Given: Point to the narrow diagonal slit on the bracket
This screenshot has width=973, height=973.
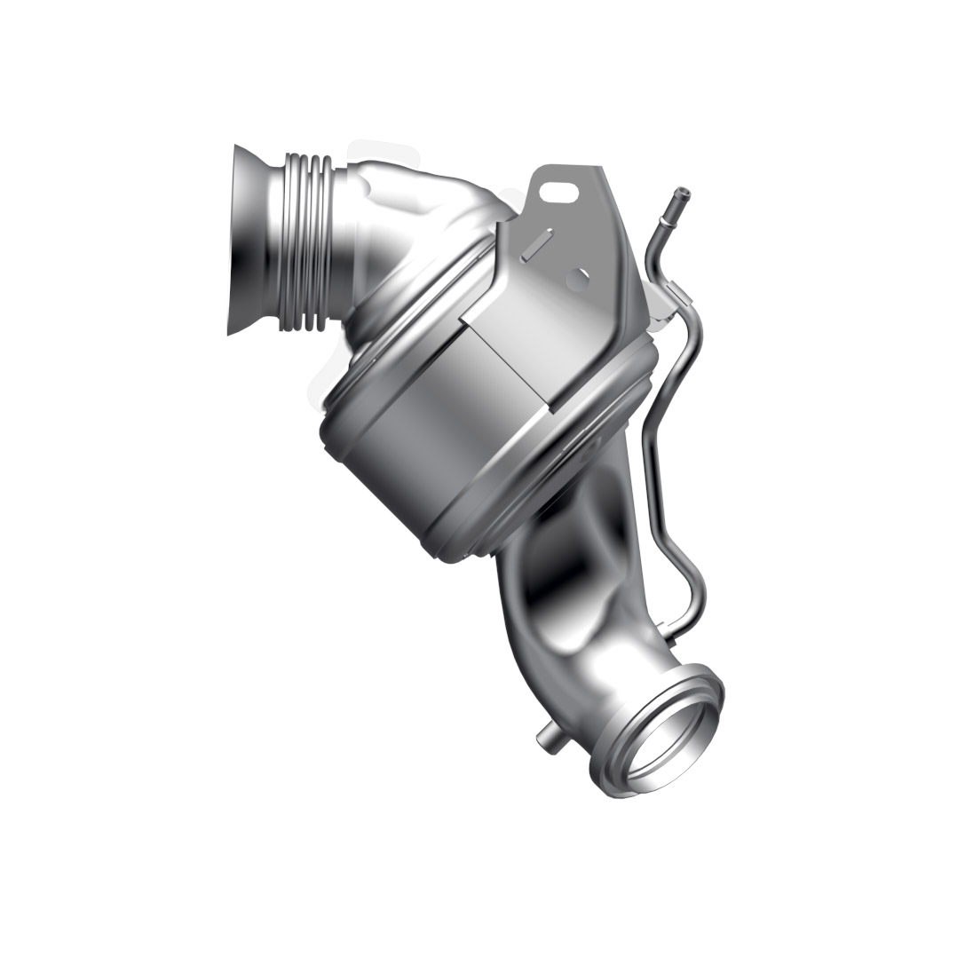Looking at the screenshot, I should tap(540, 241).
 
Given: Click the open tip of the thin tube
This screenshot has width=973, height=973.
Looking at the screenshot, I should tap(682, 190).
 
